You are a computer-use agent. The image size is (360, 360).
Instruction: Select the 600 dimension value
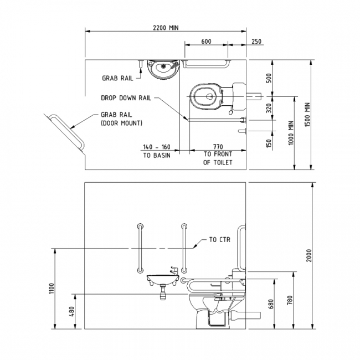[206, 42]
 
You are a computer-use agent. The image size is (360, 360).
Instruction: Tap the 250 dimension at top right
[256, 42]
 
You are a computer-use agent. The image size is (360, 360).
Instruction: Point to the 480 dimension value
[71, 311]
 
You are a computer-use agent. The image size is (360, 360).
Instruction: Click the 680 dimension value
[270, 304]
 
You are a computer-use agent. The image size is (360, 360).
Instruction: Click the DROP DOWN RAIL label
[126, 97]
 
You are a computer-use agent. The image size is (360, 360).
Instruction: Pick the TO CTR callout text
[219, 240]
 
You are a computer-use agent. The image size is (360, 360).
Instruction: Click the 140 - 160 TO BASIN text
[157, 151]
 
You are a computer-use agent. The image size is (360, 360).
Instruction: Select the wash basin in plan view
[161, 68]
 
